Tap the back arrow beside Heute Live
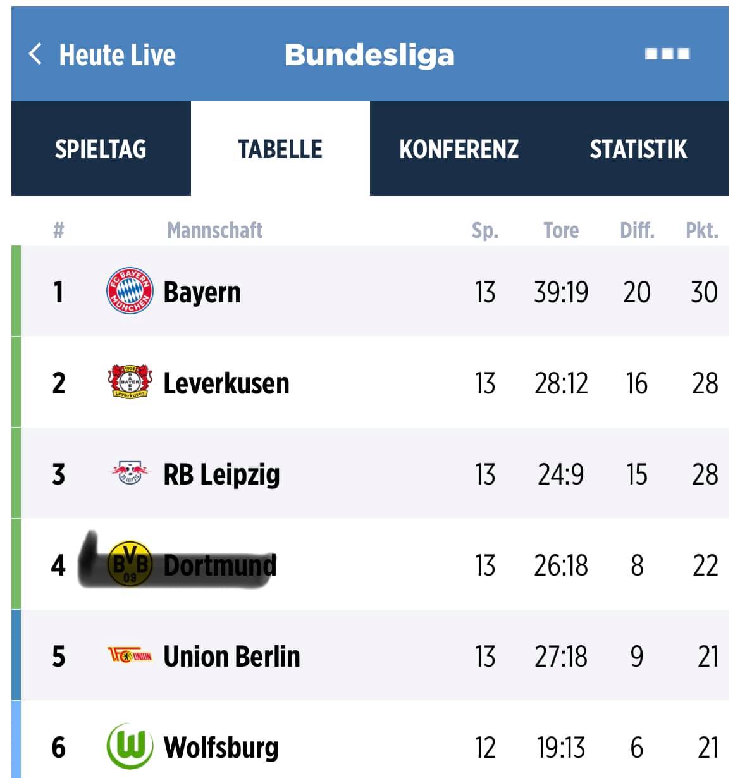click(35, 54)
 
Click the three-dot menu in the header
click(667, 54)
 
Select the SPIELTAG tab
click(101, 149)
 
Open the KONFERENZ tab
click(459, 149)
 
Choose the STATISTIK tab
click(638, 149)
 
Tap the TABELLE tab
click(280, 149)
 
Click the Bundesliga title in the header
click(369, 54)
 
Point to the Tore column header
click(561, 230)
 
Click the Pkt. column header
click(702, 230)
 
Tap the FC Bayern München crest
click(130, 290)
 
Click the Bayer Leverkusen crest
click(130, 381)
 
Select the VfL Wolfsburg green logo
click(130, 746)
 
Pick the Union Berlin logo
click(130, 655)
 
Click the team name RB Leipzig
click(221, 474)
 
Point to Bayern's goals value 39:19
click(561, 292)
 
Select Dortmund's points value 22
click(705, 565)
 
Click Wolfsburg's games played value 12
click(485, 747)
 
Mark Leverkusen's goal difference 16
click(637, 383)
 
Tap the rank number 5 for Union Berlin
click(59, 656)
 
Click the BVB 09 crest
click(130, 564)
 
